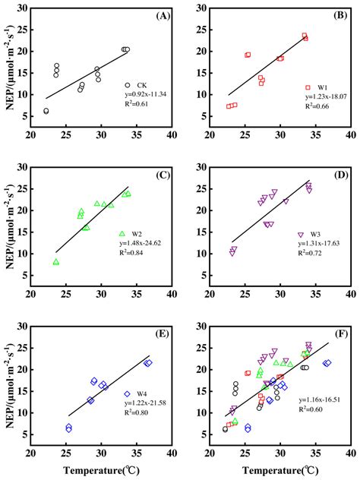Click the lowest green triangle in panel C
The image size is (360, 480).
click(56, 262)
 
